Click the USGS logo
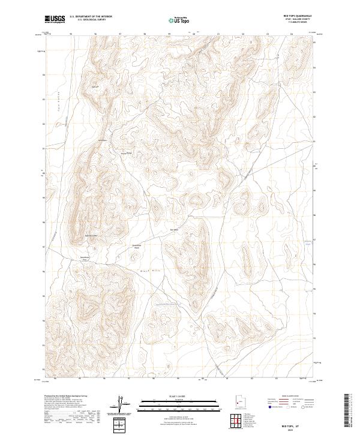coord(55,19)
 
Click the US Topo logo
coord(179,20)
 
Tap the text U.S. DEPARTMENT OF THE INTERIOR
coord(91,17)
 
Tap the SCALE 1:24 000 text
coord(179,396)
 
